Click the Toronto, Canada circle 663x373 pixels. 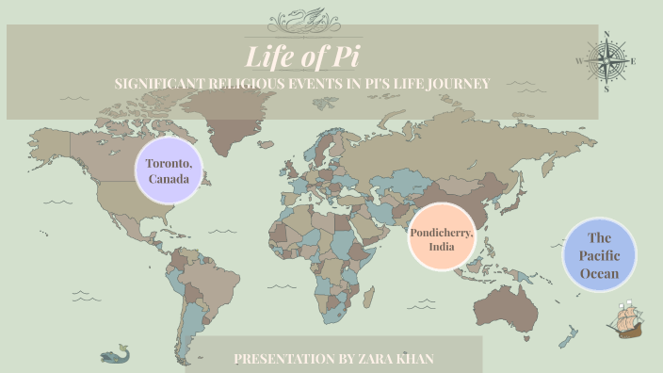[x=170, y=170]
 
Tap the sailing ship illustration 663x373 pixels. [x=626, y=319]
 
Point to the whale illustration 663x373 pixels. [x=115, y=354]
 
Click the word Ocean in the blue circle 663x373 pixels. [x=600, y=273]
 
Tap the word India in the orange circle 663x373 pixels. [x=439, y=247]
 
